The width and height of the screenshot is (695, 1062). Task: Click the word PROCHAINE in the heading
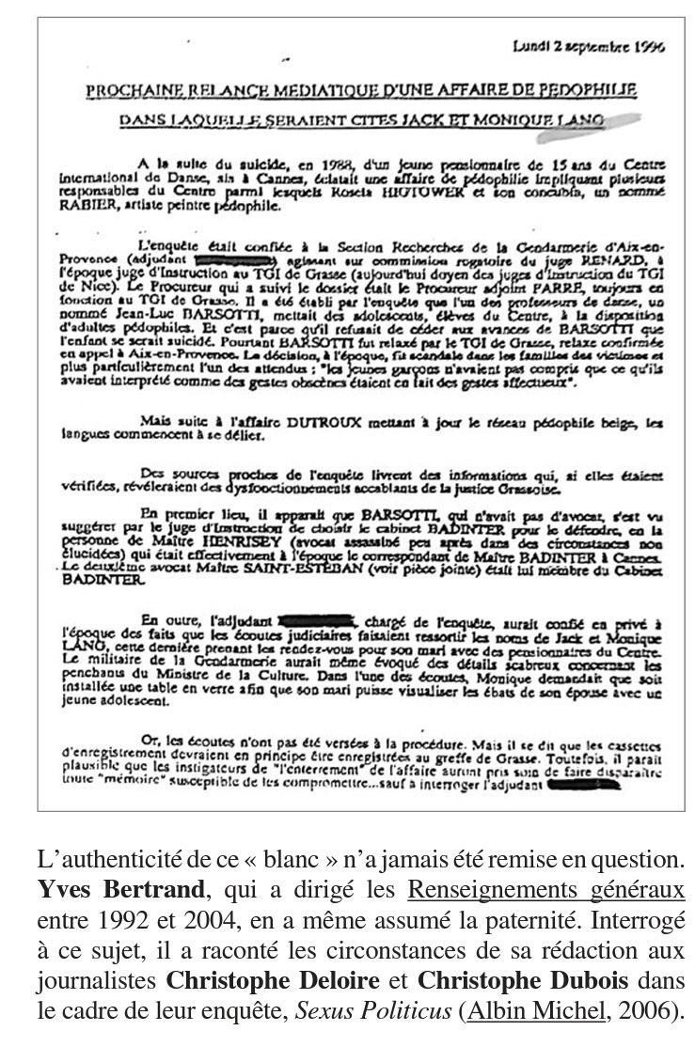(x=128, y=91)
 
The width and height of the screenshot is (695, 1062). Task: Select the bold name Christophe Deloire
(x=273, y=979)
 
